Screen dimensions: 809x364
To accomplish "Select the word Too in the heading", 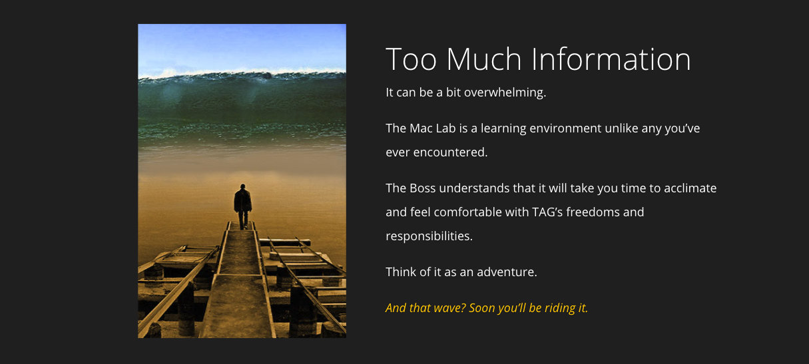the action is click(411, 59).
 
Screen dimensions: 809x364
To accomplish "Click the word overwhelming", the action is click(505, 92).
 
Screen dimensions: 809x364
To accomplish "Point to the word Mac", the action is click(421, 128).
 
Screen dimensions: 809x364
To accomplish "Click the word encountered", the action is click(450, 152).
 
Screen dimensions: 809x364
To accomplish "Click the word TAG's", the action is click(547, 212).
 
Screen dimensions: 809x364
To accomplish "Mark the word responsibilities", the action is click(429, 236).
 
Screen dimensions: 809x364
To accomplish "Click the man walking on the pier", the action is click(242, 206).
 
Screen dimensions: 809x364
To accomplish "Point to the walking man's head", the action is click(242, 186).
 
